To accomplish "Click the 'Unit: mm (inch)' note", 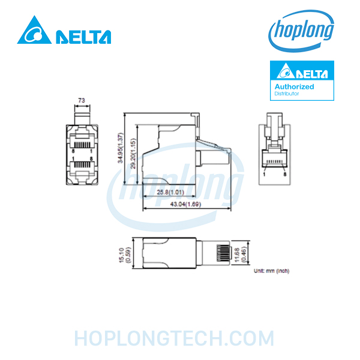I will click(272, 271).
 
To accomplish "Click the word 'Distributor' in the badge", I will click(287, 94).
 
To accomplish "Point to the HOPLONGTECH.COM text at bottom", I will click(174, 338).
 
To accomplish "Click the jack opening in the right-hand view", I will click(275, 158).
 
